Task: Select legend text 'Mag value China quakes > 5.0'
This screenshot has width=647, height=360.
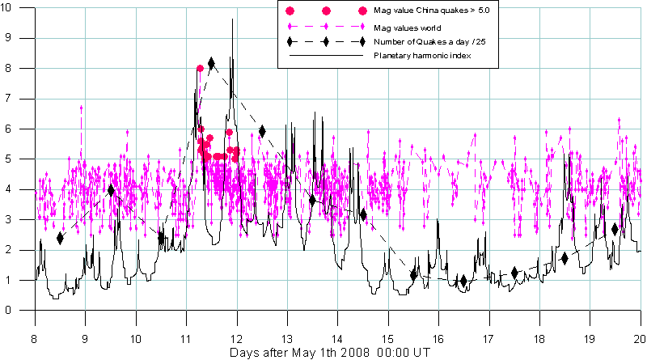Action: pos(431,11)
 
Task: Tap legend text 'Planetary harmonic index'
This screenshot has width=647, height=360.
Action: pos(423,56)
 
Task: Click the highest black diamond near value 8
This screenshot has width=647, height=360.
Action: pos(211,63)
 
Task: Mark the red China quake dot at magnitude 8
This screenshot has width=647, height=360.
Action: pos(200,69)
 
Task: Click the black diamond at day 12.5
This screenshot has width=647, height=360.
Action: pos(262,131)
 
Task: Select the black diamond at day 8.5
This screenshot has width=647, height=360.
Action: pos(60,238)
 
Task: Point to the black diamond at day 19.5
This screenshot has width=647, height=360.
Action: pos(615,229)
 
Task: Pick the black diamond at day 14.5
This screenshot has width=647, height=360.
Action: pos(363,214)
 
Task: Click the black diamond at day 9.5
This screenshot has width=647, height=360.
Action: pos(111,190)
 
